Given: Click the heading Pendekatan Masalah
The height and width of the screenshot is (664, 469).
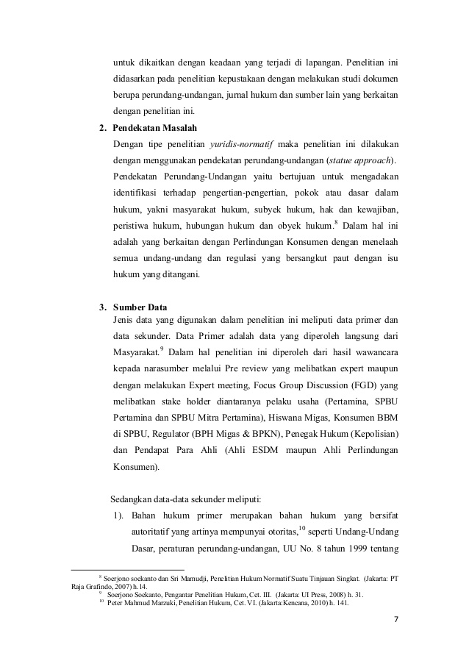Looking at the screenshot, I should coord(150,128).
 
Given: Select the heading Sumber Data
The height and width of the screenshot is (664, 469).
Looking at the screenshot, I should coord(140,307).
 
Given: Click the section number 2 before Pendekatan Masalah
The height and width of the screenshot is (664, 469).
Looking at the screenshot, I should coord(102,128).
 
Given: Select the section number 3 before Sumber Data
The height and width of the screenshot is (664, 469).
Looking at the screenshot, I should coord(102,307).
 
